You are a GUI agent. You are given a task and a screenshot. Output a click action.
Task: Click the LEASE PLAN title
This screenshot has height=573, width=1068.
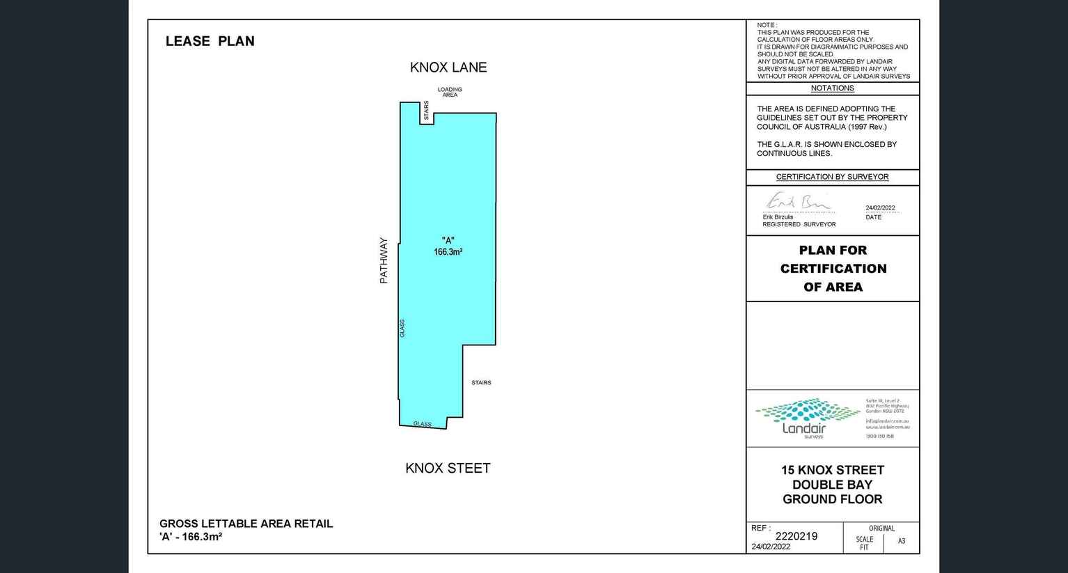210,41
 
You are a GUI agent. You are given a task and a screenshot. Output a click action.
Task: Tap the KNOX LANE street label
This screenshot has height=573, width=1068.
448,68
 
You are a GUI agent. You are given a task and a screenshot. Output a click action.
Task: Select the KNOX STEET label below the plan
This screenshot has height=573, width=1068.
448,469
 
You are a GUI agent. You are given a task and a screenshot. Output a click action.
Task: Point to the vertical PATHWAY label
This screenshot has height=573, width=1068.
384,260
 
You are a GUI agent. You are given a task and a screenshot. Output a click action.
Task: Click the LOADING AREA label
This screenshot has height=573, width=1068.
450,92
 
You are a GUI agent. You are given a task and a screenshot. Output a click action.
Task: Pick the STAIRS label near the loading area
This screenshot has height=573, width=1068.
426,110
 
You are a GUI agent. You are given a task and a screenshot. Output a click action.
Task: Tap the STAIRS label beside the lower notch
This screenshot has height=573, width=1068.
481,383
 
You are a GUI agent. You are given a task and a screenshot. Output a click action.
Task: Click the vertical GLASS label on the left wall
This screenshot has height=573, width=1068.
402,329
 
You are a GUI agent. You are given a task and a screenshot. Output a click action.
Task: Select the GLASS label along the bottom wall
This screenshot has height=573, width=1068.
422,424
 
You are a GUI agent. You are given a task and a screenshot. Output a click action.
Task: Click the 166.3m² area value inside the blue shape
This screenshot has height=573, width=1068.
448,252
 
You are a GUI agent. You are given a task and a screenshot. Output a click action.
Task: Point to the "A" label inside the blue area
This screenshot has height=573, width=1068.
448,240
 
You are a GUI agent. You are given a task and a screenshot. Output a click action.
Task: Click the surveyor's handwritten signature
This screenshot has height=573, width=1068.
797,202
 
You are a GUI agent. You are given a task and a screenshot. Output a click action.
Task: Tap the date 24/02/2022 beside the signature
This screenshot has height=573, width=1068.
880,208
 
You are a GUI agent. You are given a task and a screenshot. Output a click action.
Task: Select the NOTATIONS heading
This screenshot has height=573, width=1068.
832,88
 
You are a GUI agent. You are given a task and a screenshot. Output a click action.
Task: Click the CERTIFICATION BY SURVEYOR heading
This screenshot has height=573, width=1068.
832,177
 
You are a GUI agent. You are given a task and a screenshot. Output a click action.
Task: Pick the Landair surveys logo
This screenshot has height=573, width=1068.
807,418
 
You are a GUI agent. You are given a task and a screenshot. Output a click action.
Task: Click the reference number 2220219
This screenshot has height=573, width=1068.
796,536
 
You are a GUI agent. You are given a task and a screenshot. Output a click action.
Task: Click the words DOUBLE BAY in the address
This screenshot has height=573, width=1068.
832,485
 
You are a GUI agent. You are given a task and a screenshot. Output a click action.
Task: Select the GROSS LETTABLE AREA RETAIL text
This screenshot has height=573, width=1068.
246,524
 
